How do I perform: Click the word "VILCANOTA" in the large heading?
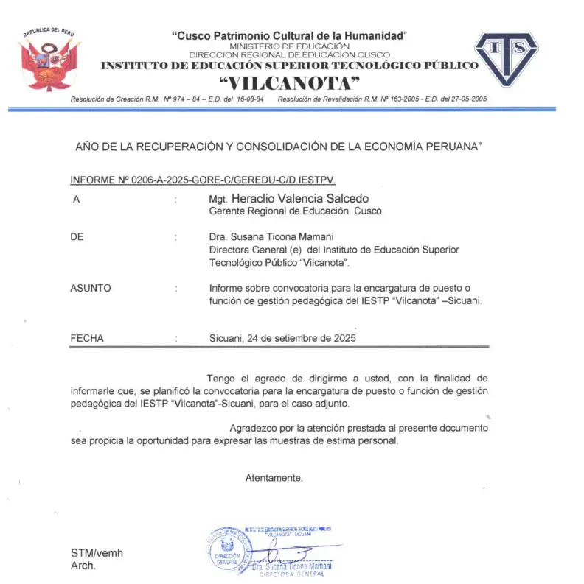point(290,82)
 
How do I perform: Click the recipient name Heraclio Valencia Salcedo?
point(299,199)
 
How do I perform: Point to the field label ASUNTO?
point(90,288)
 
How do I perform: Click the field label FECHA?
point(87,338)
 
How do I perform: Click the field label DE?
point(77,237)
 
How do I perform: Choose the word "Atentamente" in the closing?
point(274,477)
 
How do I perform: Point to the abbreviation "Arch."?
point(83,566)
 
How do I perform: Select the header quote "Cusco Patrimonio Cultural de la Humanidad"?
point(289,35)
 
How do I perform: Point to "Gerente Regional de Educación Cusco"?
point(296,211)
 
